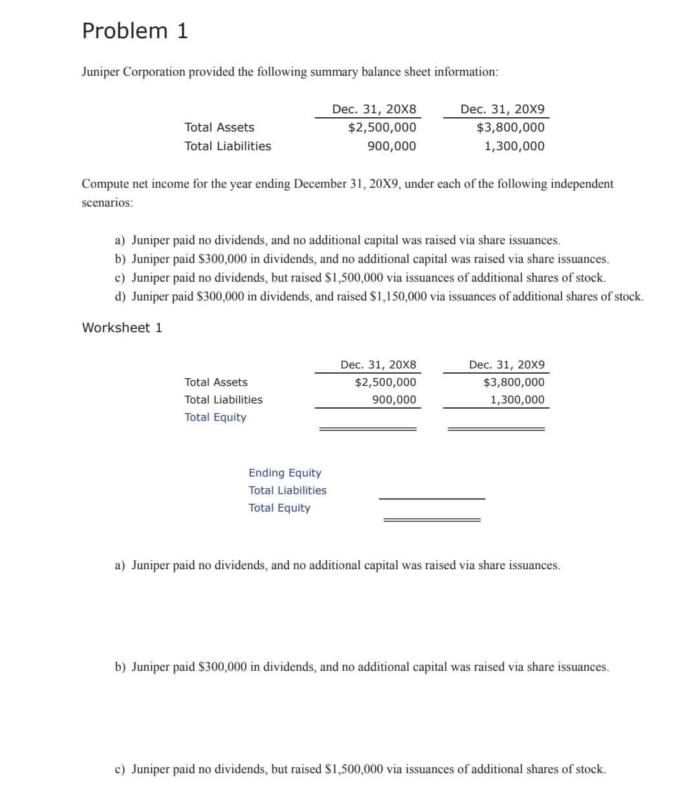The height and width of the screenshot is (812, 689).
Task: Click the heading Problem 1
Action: coord(135,30)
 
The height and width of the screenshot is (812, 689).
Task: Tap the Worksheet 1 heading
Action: coord(122,328)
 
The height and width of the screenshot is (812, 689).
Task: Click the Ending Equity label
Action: coord(285,473)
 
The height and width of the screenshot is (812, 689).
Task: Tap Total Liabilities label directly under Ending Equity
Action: coord(287,491)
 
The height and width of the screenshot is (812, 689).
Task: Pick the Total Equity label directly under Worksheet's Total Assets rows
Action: coord(215,418)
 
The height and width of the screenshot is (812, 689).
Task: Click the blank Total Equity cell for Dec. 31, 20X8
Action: coord(367,418)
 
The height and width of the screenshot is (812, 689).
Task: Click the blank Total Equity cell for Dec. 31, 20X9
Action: coord(496,418)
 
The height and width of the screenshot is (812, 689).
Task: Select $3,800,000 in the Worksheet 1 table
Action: coord(514,383)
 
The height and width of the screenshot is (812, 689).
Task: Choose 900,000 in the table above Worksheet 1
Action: coord(391,146)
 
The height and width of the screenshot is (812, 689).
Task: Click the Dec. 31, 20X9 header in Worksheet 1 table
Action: coord(507,365)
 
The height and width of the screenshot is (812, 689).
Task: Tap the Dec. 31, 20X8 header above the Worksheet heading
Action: coord(374,109)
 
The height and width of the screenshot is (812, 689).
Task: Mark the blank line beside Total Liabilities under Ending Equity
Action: coord(432,491)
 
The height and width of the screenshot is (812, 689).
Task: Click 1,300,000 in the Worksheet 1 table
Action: coord(517,400)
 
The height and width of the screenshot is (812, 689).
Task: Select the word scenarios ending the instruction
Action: coord(107,203)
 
